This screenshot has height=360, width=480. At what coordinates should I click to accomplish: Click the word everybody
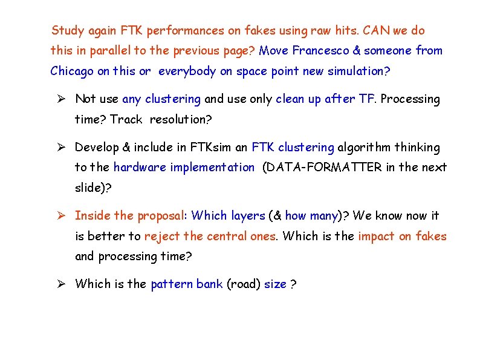tap(187, 71)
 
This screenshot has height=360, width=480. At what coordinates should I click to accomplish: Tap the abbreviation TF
tap(367, 99)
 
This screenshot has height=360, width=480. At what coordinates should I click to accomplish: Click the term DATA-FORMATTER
tap(321, 168)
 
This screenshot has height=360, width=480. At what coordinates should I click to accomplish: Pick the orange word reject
tap(162, 236)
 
